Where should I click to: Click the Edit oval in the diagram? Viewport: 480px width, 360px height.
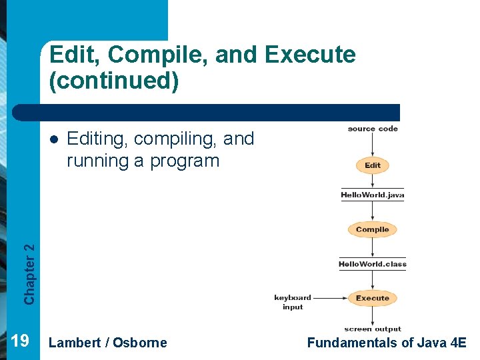pos(373,165)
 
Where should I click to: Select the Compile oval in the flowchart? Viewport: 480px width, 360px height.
pos(372,229)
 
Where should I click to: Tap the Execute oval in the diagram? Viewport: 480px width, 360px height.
pos(372,298)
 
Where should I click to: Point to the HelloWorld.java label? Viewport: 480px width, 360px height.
pos(373,195)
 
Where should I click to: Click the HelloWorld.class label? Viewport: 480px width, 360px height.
pos(373,264)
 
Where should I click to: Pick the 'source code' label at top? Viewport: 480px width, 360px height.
pos(373,129)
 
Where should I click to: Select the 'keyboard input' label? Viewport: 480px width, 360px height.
pos(293,302)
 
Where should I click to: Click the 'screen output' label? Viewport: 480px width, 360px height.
pos(373,329)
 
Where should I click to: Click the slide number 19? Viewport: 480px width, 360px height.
pos(20,342)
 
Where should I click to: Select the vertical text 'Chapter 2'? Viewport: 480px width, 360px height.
pos(29,274)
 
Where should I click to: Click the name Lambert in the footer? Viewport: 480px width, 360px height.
pos(75,343)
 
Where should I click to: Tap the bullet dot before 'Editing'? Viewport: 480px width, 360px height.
pos(53,139)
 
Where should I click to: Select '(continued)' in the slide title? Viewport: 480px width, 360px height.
pos(114,81)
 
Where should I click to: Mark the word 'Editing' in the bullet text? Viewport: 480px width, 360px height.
pos(97,139)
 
